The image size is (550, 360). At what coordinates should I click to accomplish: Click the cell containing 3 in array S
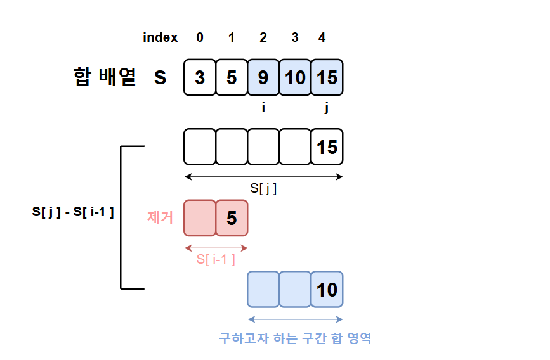tap(200, 77)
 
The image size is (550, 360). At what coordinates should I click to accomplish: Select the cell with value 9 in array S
tap(263, 77)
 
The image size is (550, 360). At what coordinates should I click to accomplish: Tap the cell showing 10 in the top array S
tap(295, 77)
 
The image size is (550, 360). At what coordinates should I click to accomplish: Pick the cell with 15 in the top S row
tap(327, 77)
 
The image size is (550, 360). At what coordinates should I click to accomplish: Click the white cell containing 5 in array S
tap(232, 77)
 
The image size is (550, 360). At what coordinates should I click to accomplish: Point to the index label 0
tap(200, 37)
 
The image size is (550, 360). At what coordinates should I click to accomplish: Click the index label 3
tap(295, 37)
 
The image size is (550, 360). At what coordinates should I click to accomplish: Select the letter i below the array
tap(263, 108)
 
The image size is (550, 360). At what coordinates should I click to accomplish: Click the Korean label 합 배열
tap(105, 77)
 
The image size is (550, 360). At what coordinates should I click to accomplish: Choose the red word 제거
tap(160, 218)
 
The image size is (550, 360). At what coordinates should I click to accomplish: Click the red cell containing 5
tap(232, 218)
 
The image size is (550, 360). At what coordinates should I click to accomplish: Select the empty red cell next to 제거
tap(200, 218)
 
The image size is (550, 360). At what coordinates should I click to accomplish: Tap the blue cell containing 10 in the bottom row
tap(327, 290)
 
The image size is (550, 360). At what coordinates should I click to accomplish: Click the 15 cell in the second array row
tap(327, 146)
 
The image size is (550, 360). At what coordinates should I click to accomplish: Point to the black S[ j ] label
tap(263, 189)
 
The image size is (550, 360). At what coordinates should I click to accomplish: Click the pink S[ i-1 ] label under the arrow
tap(216, 259)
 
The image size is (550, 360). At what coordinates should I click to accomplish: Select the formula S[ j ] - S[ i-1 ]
tap(73, 212)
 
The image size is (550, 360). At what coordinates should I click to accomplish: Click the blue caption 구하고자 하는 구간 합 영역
tap(295, 338)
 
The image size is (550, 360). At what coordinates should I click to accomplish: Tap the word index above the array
tap(160, 37)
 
